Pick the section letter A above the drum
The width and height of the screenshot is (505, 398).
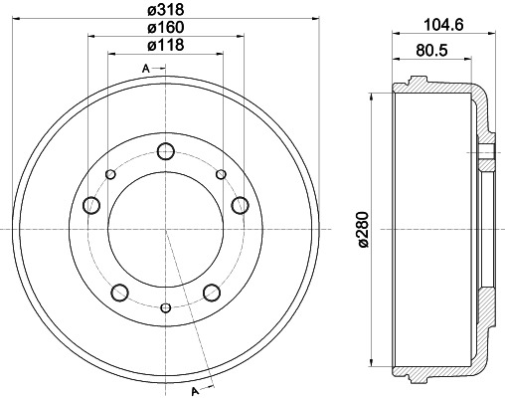pyautogui.click(x=146, y=68)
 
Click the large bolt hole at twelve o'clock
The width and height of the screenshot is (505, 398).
pyautogui.click(x=165, y=152)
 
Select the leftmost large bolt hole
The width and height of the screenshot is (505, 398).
pyautogui.click(x=91, y=205)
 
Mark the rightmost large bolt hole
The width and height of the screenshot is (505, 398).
pyautogui.click(x=239, y=205)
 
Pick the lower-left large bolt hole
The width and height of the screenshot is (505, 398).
pyautogui.click(x=119, y=292)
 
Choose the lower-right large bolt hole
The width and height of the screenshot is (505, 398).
pyautogui.click(x=211, y=292)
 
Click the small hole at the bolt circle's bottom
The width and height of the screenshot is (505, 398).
pyautogui.click(x=165, y=309)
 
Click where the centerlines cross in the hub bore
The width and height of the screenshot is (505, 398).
pyautogui.click(x=165, y=230)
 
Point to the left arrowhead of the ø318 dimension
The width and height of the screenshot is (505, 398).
pyautogui.click(x=22, y=18)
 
